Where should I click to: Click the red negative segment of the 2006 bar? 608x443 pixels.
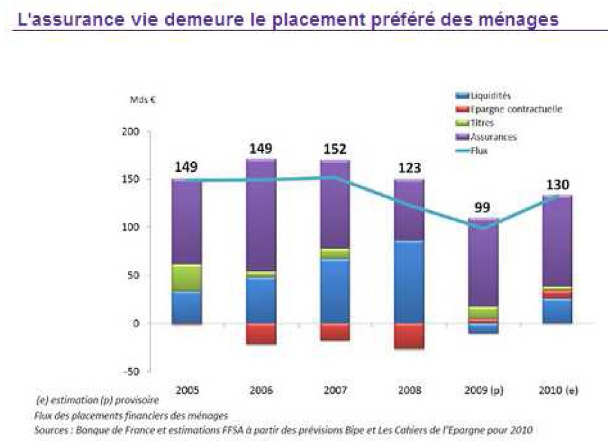[260, 334]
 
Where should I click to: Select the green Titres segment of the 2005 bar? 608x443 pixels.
[187, 277]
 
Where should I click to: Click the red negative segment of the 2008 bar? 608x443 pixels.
[408, 336]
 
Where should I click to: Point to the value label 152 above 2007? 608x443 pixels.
[334, 149]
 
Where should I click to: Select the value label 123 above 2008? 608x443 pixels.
[408, 168]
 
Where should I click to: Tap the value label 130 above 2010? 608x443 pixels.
[557, 184]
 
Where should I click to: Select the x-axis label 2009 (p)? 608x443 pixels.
[483, 390]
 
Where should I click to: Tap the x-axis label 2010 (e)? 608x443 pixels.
[557, 390]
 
